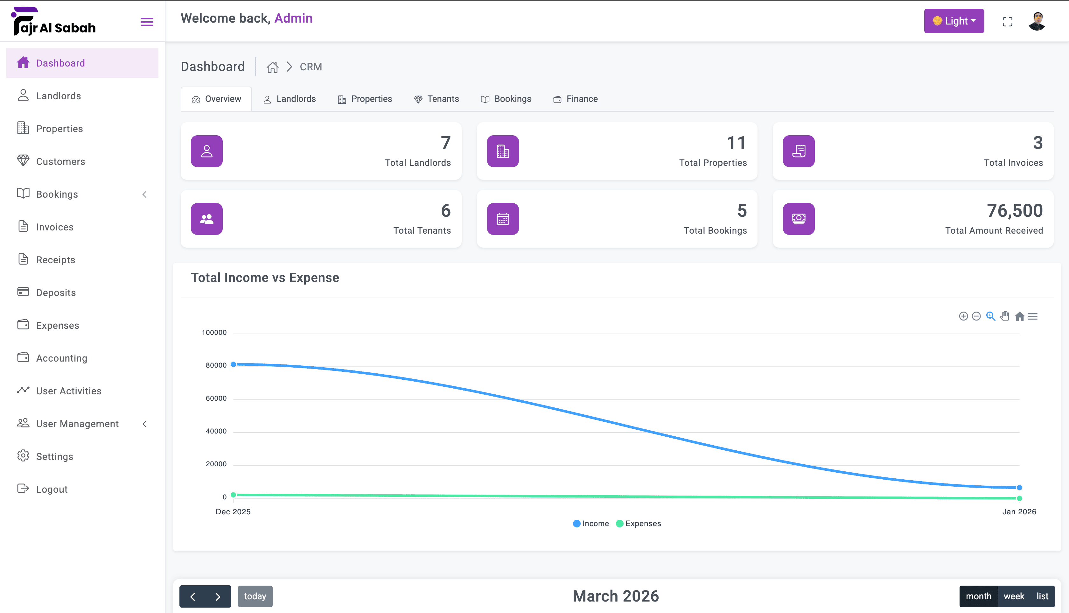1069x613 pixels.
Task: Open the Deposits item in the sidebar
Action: [56, 292]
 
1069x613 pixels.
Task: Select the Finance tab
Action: [575, 99]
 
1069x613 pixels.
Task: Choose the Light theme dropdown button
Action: [954, 21]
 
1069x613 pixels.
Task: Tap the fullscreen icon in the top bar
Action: [1007, 21]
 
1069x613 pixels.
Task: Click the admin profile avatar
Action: [1037, 21]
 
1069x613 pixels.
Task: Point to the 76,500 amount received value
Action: [1015, 210]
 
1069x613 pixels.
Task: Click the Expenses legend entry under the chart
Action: [639, 523]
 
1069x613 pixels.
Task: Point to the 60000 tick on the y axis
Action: [216, 398]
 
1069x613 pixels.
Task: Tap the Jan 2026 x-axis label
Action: [1019, 511]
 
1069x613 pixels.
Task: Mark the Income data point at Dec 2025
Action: [233, 364]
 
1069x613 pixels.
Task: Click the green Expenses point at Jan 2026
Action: [1019, 498]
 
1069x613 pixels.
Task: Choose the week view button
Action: [1014, 596]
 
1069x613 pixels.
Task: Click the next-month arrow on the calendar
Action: [218, 596]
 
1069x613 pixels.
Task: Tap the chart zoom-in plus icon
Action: [963, 316]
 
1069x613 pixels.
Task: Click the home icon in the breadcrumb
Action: [272, 67]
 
